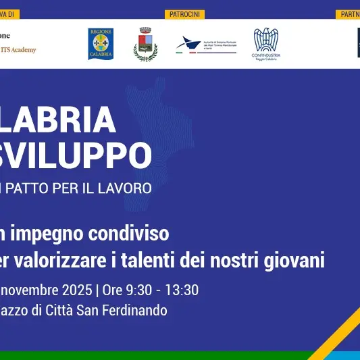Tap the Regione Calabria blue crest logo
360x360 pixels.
(101, 43)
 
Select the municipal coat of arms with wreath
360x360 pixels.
(145, 44)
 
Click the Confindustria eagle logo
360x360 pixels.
(266, 44)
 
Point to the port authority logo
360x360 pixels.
(206, 45)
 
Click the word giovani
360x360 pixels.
(295, 259)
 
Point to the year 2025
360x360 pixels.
(74, 290)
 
